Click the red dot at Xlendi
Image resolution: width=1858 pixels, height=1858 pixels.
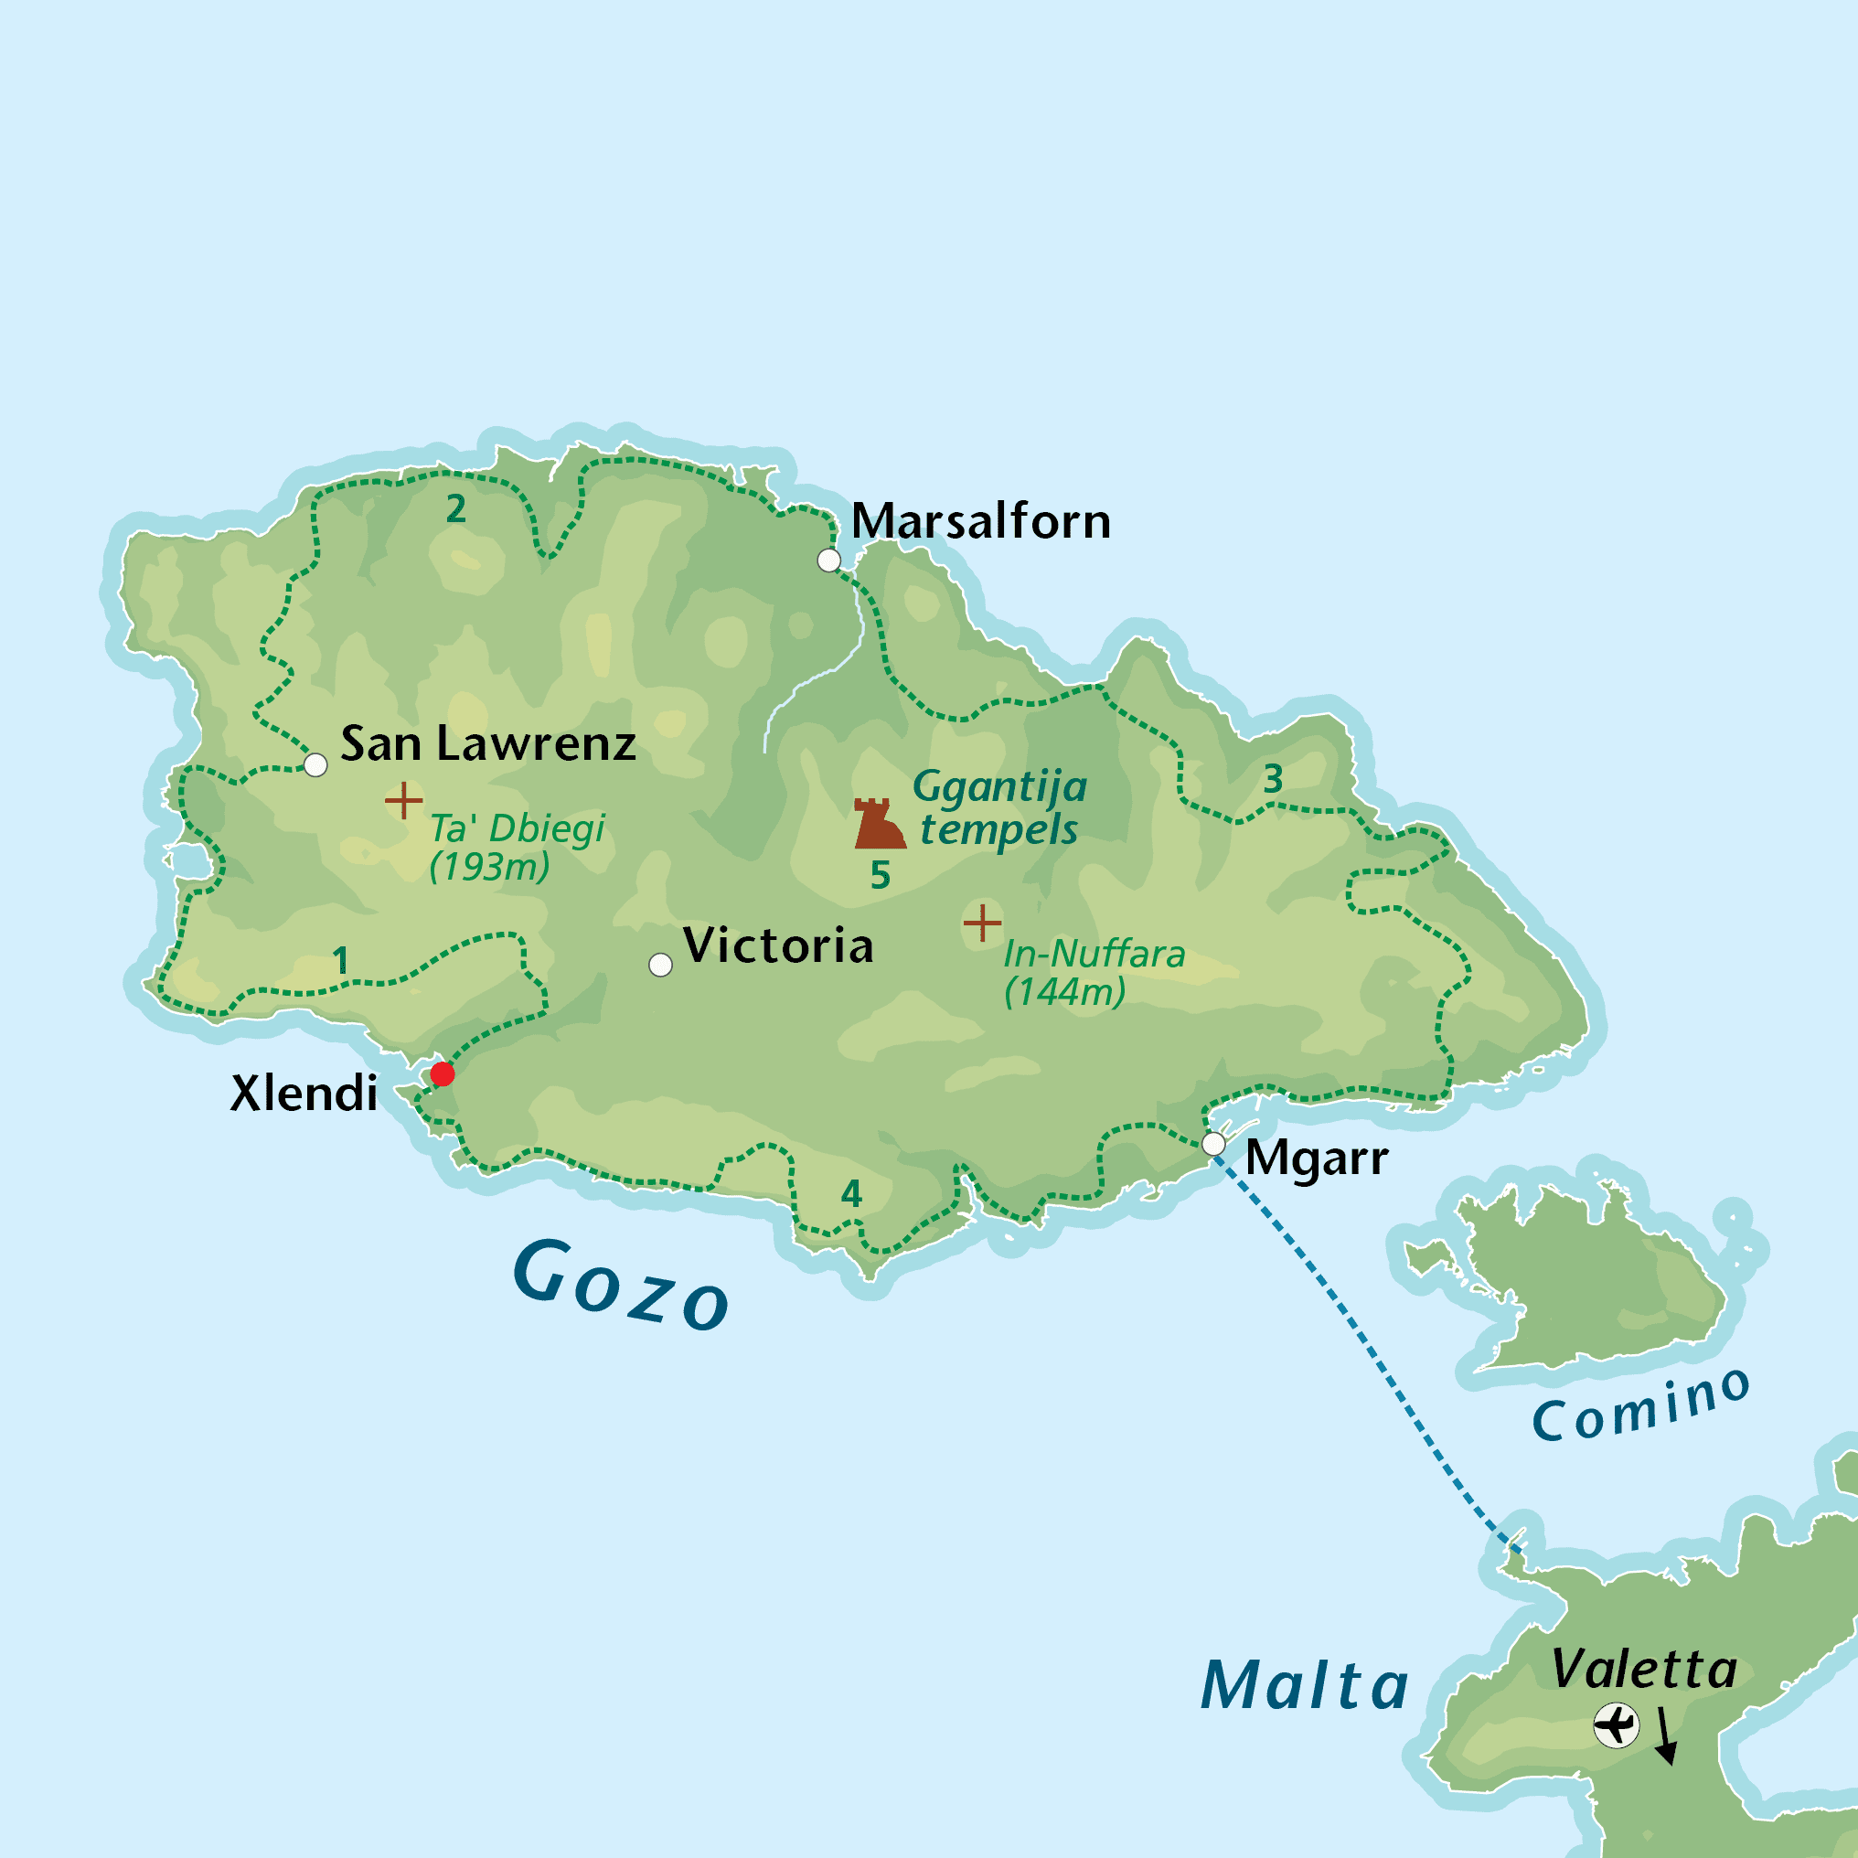coord(443,1074)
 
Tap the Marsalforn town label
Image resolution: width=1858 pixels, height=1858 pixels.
coord(981,522)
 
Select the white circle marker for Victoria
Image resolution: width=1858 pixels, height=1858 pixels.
coord(661,965)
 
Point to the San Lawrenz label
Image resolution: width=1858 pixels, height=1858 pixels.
coord(488,744)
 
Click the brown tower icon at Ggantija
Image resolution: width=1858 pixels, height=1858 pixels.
coord(878,823)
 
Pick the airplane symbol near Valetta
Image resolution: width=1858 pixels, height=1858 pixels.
coord(1617,1725)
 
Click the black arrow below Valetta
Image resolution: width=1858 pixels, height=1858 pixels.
coord(1666,1735)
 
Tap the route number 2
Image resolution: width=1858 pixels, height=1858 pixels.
coord(456,508)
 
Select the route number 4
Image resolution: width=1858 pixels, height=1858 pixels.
coord(851,1193)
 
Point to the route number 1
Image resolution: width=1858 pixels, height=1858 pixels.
coord(340,960)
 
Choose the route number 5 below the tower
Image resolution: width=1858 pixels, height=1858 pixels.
coord(880,875)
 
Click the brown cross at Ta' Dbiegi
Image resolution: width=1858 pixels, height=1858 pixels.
coord(404,800)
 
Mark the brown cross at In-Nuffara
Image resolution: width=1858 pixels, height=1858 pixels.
coord(982,924)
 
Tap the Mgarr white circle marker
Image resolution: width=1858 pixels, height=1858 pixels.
coord(1213,1145)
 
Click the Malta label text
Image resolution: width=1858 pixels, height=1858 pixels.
coord(1304,1686)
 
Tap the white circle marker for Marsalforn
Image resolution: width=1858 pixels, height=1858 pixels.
coord(829,560)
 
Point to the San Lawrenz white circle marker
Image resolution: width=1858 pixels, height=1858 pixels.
coord(315,765)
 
